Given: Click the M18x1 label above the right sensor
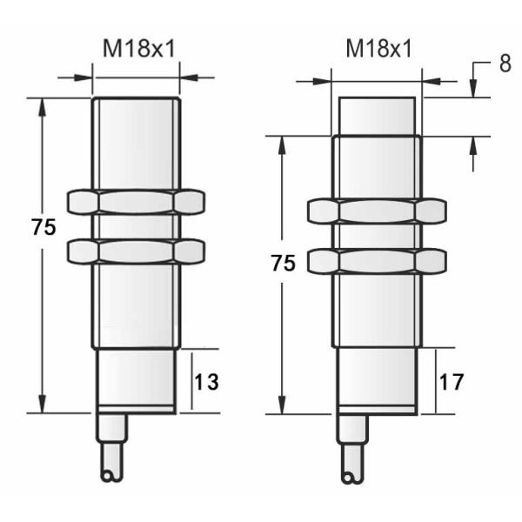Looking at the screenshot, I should point(378,49).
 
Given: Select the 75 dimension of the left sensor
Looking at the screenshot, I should point(43,228).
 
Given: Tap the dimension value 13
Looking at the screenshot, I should point(207,381).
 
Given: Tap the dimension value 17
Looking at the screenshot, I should point(452,381).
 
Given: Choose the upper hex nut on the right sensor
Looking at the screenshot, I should point(376,211).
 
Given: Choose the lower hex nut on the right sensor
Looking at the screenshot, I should point(376,260).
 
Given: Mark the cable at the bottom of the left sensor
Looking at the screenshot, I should point(114,444).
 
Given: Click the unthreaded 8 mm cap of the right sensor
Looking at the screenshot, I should point(376,116).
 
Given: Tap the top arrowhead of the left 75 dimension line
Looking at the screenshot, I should point(40,106).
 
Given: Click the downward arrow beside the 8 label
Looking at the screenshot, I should point(472,88).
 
